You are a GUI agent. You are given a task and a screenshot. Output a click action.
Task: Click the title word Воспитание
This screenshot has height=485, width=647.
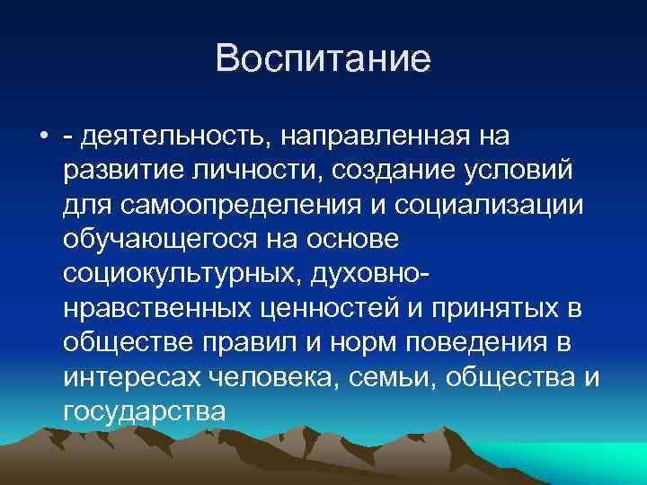point(323,59)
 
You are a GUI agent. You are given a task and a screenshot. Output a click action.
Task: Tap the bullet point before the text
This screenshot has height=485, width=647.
point(43,137)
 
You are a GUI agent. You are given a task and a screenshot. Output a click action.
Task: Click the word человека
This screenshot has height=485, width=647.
point(279,378)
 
